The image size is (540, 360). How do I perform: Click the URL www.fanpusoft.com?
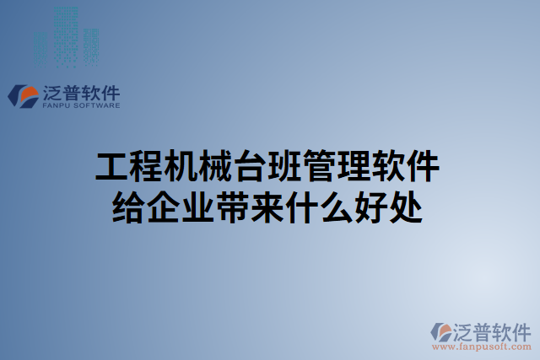click(x=482, y=347)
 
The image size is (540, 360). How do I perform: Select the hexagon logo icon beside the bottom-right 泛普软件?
click(x=442, y=332)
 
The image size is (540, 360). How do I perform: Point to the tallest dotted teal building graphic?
click(x=65, y=34)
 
